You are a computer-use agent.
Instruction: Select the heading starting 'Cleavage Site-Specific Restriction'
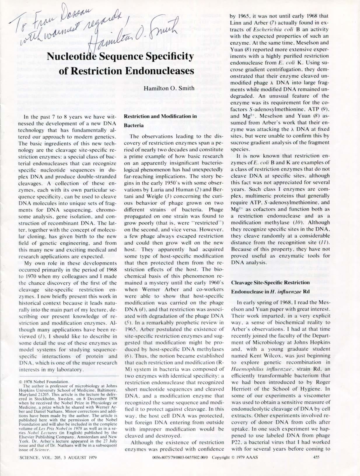[x=270, y=282]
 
